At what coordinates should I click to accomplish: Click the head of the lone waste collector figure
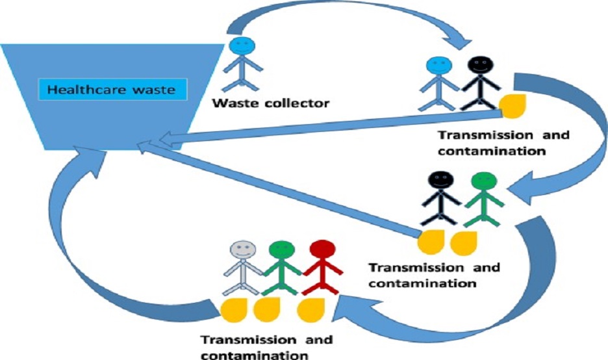pos(242,47)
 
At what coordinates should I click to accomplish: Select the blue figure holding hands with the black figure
pos(439,81)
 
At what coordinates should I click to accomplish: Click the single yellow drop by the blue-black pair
pos(511,105)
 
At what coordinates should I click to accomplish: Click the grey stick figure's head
pos(244,250)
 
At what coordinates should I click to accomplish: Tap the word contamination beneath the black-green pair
pos(422,283)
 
